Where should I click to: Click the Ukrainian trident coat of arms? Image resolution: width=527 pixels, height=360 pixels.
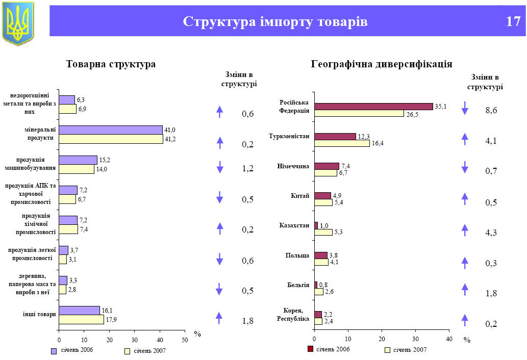click(x=18, y=22)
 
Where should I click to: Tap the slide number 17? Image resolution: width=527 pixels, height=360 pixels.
click(x=513, y=22)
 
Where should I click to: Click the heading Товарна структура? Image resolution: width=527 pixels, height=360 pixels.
click(x=111, y=64)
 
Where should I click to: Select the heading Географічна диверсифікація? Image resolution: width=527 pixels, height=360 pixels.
click(x=381, y=64)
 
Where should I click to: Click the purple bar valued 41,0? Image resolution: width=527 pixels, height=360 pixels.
click(x=111, y=130)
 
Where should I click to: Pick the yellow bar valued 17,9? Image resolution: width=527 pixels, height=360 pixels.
click(x=81, y=320)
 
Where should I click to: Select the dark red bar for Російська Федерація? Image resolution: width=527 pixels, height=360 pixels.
click(x=373, y=107)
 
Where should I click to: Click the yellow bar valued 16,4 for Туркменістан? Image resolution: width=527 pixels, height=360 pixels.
click(x=342, y=143)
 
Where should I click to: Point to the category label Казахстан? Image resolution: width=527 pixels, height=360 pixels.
click(x=294, y=225)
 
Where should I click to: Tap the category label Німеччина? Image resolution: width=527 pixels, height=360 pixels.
click(x=293, y=166)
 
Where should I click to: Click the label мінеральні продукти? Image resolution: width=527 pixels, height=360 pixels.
click(x=40, y=134)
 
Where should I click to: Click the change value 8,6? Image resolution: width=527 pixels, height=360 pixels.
click(x=491, y=110)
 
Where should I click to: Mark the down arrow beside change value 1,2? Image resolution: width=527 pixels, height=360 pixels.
click(x=220, y=167)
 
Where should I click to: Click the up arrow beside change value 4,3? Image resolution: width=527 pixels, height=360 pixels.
click(x=465, y=230)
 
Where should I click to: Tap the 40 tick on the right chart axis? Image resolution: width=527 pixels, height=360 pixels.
click(x=449, y=339)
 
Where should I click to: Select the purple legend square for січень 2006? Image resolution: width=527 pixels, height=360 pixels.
click(x=54, y=350)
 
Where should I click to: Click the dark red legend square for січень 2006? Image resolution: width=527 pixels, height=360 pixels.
click(x=310, y=349)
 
